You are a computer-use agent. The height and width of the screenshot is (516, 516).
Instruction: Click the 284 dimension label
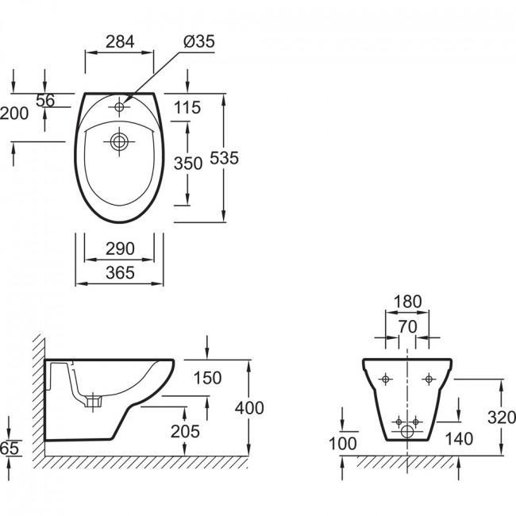[120, 42]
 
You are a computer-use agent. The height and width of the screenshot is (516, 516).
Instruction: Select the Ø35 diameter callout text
[199, 41]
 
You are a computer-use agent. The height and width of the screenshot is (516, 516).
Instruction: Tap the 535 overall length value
[224, 158]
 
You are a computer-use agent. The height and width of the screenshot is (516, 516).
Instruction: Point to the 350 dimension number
[188, 164]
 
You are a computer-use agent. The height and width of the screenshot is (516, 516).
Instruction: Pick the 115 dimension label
[187, 108]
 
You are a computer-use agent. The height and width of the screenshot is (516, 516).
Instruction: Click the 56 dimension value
[45, 101]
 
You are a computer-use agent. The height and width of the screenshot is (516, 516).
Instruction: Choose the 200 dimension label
[14, 114]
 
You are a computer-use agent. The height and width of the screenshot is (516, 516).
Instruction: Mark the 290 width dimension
[120, 248]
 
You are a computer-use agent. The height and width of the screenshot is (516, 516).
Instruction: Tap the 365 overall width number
[120, 273]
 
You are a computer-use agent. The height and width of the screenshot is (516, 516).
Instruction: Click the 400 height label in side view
[249, 408]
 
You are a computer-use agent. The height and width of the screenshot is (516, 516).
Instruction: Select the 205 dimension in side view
[185, 431]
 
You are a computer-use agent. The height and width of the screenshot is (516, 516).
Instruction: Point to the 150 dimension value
[207, 378]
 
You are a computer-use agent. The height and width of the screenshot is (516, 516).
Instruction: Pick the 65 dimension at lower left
[10, 449]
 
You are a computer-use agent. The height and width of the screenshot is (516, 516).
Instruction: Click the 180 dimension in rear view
[407, 302]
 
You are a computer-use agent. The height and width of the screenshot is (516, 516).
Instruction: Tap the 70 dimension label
[408, 327]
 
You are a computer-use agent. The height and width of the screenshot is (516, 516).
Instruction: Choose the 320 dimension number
[502, 418]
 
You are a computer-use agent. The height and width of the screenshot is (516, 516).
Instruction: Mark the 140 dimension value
[459, 439]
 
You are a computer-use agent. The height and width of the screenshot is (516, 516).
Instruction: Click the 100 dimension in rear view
[343, 444]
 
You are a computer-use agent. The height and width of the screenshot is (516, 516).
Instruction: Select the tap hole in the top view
[119, 106]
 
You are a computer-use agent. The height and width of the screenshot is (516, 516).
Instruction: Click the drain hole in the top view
[119, 141]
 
